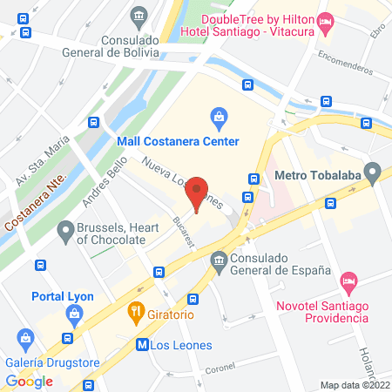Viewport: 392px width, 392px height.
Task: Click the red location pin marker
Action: coord(199,193)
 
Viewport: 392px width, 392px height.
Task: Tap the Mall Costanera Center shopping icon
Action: coord(219,116)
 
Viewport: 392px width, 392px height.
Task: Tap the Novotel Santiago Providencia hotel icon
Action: coord(348,280)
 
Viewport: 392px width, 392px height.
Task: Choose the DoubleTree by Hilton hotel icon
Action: coord(326,21)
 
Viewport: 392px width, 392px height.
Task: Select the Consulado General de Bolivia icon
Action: coord(139,16)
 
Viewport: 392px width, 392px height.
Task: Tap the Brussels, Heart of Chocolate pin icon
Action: coord(64,231)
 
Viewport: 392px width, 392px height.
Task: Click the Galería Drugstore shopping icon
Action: coord(25,337)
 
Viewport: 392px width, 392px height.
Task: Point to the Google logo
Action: coord(30,381)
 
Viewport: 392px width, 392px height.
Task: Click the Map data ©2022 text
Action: coord(355,384)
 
